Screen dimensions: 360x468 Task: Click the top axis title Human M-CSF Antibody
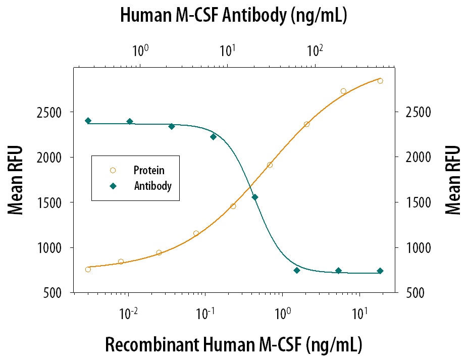pos(233,15)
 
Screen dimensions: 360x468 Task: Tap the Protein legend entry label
pos(149,171)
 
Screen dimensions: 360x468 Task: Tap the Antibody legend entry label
pos(152,186)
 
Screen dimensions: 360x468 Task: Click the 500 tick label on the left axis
pos(55,293)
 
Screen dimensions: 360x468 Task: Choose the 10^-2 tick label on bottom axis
pos(129,313)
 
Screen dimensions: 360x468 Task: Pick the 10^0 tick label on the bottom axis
pos(283,313)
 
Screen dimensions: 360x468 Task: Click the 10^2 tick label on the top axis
pos(315,50)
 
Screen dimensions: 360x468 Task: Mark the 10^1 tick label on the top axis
pos(227,50)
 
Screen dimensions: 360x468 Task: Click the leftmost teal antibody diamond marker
pos(88,121)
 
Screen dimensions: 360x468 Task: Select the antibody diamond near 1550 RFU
pos(255,197)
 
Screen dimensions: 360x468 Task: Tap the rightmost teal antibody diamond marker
pos(380,271)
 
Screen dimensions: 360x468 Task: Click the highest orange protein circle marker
pos(380,81)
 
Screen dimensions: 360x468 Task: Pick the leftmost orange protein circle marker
pos(88,269)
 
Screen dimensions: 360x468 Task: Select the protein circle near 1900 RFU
pos(270,165)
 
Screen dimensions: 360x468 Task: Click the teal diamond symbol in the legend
pos(113,186)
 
